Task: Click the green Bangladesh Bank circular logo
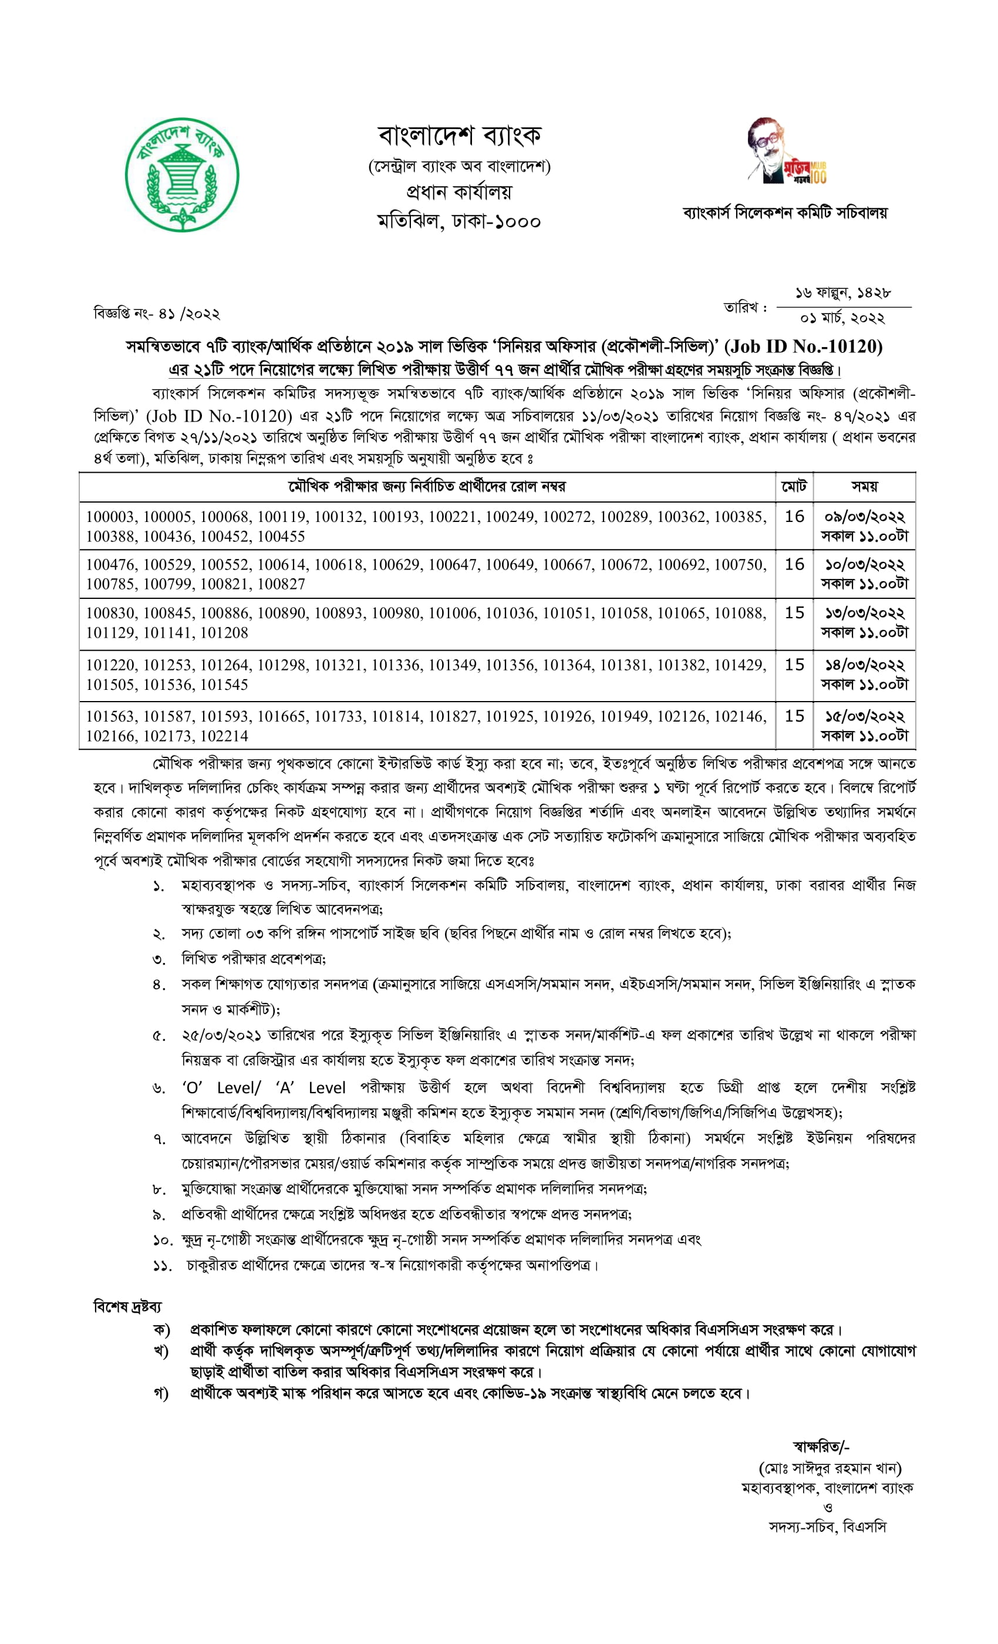tap(181, 176)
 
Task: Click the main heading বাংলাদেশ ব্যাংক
tap(459, 136)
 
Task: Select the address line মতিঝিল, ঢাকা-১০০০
tap(458, 221)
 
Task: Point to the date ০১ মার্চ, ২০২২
tap(842, 318)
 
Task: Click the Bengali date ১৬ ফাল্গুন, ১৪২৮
tap(842, 293)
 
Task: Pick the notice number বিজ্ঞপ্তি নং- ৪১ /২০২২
tap(157, 313)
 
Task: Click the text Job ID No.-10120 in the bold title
tap(804, 346)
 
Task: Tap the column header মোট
tap(794, 486)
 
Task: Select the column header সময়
tap(864, 486)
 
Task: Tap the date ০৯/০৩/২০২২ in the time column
tap(864, 517)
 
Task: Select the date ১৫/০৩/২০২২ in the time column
tap(864, 716)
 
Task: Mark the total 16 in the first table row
tap(794, 517)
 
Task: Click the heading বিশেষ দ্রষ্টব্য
tap(127, 1306)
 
